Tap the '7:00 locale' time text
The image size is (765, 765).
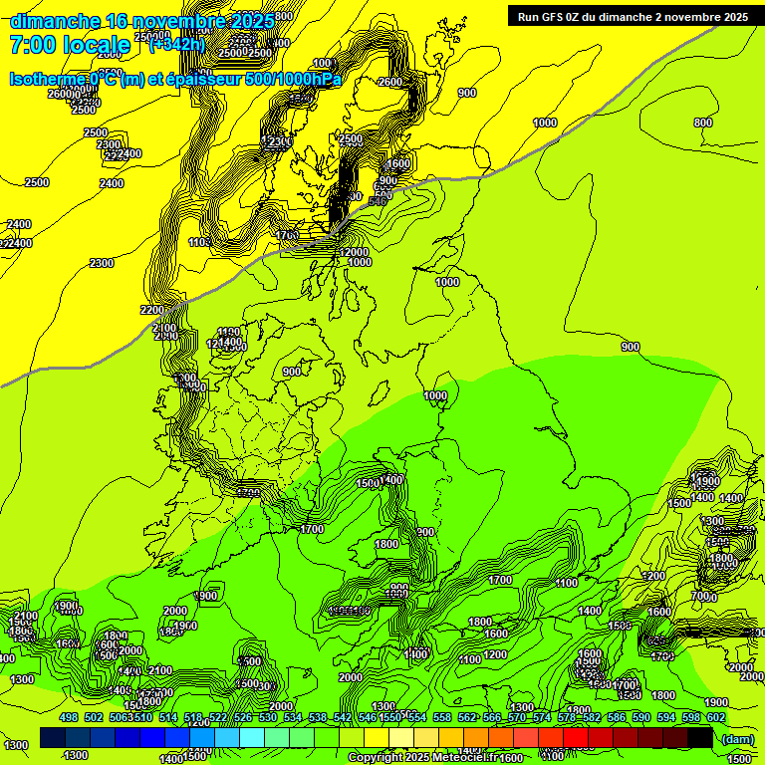click(x=70, y=45)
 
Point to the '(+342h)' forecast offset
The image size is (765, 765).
click(x=176, y=44)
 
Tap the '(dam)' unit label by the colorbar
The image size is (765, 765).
click(x=737, y=738)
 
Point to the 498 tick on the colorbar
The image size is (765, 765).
click(x=69, y=717)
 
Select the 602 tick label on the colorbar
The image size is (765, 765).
click(x=716, y=717)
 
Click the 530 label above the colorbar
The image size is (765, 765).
click(x=268, y=717)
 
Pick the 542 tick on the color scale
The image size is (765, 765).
click(x=343, y=717)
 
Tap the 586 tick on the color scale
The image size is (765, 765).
click(x=617, y=717)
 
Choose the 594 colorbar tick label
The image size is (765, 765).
click(x=666, y=717)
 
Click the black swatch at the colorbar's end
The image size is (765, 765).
click(x=700, y=737)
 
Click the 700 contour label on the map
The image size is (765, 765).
click(x=701, y=596)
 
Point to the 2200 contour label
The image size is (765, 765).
click(x=151, y=310)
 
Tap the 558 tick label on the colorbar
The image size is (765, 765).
click(x=442, y=717)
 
